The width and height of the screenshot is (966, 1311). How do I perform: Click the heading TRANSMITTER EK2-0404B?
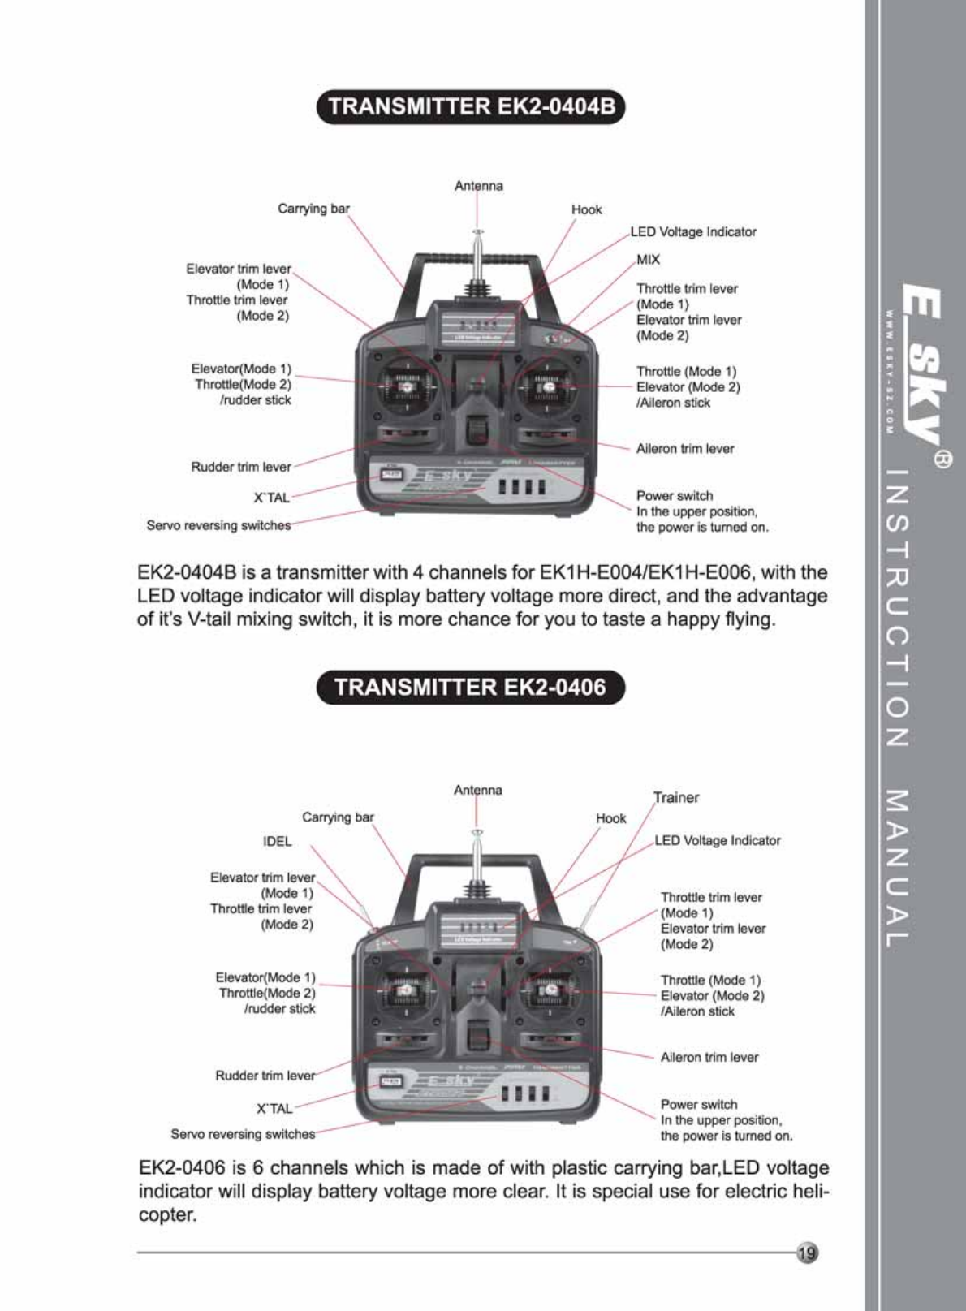coord(471,107)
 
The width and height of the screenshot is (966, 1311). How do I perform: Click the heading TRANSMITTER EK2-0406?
coord(471,688)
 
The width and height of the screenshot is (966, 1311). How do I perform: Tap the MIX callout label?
coord(648,260)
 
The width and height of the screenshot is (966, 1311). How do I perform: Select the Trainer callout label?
coord(676,797)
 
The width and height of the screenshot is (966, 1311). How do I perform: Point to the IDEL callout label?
coord(277,841)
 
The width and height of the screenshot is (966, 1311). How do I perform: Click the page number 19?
coord(807,1253)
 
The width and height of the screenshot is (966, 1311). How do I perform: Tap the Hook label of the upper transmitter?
coord(586,209)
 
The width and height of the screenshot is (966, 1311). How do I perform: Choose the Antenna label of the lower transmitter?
coord(478,790)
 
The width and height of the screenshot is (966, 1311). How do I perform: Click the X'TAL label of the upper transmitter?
coord(272,498)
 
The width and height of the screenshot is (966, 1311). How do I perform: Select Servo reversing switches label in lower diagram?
coord(243,1134)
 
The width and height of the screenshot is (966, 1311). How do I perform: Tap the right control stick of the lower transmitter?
coord(550,991)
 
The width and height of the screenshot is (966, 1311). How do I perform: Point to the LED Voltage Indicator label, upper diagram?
coord(693,232)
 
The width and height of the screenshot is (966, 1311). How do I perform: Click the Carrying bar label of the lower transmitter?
coord(338,817)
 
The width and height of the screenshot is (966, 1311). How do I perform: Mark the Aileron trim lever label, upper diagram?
coord(685,448)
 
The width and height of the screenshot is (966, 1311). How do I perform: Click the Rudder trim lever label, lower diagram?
coord(265,1076)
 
